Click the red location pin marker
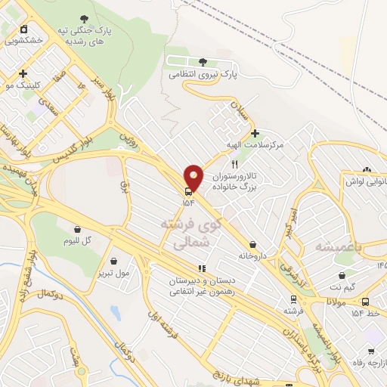pyautogui.click(x=193, y=177)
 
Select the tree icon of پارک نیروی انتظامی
pyautogui.click(x=202, y=62)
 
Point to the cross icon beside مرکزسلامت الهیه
pyautogui.click(x=255, y=133)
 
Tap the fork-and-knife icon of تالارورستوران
pyautogui.click(x=235, y=163)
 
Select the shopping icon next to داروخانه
pyautogui.click(x=252, y=245)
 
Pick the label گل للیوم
pyautogui.click(x=77, y=240)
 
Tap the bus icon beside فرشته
pyautogui.click(x=293, y=299)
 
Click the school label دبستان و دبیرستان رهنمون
pyautogui.click(x=203, y=285)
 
